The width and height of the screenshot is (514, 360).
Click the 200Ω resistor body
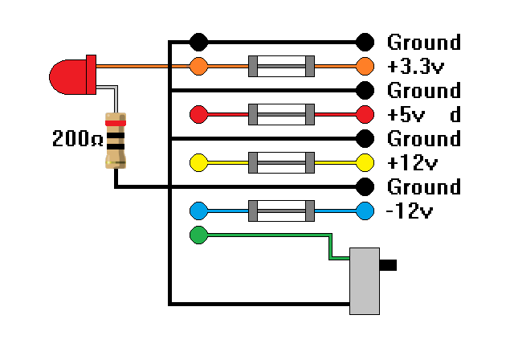116,141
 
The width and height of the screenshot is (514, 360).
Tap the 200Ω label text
77,140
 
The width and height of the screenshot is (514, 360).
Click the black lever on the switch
388,264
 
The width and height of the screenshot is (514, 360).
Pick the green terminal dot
198,235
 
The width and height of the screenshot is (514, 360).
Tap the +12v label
412,162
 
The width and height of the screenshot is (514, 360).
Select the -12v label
410,211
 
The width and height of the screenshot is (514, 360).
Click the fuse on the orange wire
281,66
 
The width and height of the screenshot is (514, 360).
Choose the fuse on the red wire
281,114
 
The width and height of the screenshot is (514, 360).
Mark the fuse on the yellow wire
281,162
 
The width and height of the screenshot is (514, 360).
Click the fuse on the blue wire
281,211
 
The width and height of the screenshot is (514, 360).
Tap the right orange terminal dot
365,66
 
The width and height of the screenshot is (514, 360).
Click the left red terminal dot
198,114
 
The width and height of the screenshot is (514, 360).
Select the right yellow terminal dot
365,162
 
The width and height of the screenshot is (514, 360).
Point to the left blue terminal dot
198,211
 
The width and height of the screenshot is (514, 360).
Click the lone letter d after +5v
455,114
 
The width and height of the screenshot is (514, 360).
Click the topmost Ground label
424,42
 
